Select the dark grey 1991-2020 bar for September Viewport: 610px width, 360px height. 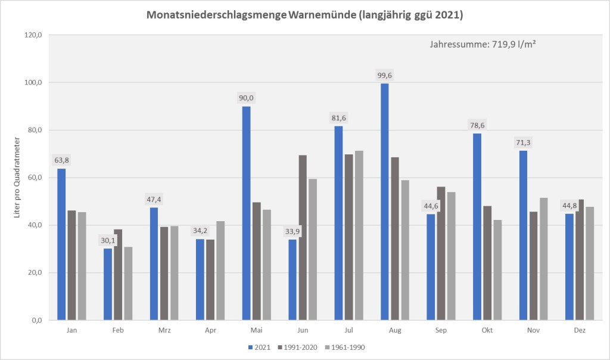click(x=441, y=253)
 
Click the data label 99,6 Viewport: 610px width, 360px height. click(x=385, y=76)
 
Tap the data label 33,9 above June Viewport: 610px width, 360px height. click(x=292, y=232)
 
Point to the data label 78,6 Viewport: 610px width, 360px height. click(x=477, y=126)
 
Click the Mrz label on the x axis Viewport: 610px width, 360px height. click(x=164, y=329)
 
